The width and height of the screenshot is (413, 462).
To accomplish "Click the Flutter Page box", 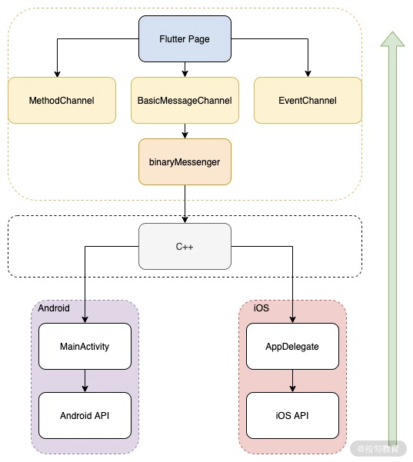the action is point(185,39).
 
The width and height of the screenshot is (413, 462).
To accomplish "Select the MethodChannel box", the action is point(62,101).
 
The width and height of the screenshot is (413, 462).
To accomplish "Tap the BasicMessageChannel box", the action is point(185,101).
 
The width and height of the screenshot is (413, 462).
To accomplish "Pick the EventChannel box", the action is point(308,101).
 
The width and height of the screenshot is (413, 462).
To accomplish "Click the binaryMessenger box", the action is point(185,161).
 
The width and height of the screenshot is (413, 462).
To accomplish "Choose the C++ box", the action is point(185,246).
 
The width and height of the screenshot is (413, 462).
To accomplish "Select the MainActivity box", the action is point(85,346).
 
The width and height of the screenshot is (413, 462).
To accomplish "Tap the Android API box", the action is point(85,415).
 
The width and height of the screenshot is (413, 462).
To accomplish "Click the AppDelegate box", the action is point(292,346).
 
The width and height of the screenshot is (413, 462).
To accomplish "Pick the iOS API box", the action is point(292,415).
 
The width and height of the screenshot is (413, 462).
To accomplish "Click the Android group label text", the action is point(54,308).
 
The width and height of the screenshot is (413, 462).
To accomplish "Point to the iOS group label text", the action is point(261,308).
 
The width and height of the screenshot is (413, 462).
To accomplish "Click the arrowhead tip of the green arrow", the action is point(393,32).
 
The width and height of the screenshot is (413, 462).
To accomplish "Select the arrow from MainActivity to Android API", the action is point(85,381).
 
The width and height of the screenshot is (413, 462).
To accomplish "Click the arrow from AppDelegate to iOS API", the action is point(292,381).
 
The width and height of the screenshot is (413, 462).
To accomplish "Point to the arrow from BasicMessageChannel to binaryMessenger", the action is point(185,131).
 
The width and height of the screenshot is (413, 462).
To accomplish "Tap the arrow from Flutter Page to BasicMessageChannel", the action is point(185,69).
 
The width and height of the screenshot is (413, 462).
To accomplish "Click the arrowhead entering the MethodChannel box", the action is point(57,74).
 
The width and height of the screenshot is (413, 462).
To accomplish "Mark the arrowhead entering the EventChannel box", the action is point(308,74).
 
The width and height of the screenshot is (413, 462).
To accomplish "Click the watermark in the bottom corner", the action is point(378,449).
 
